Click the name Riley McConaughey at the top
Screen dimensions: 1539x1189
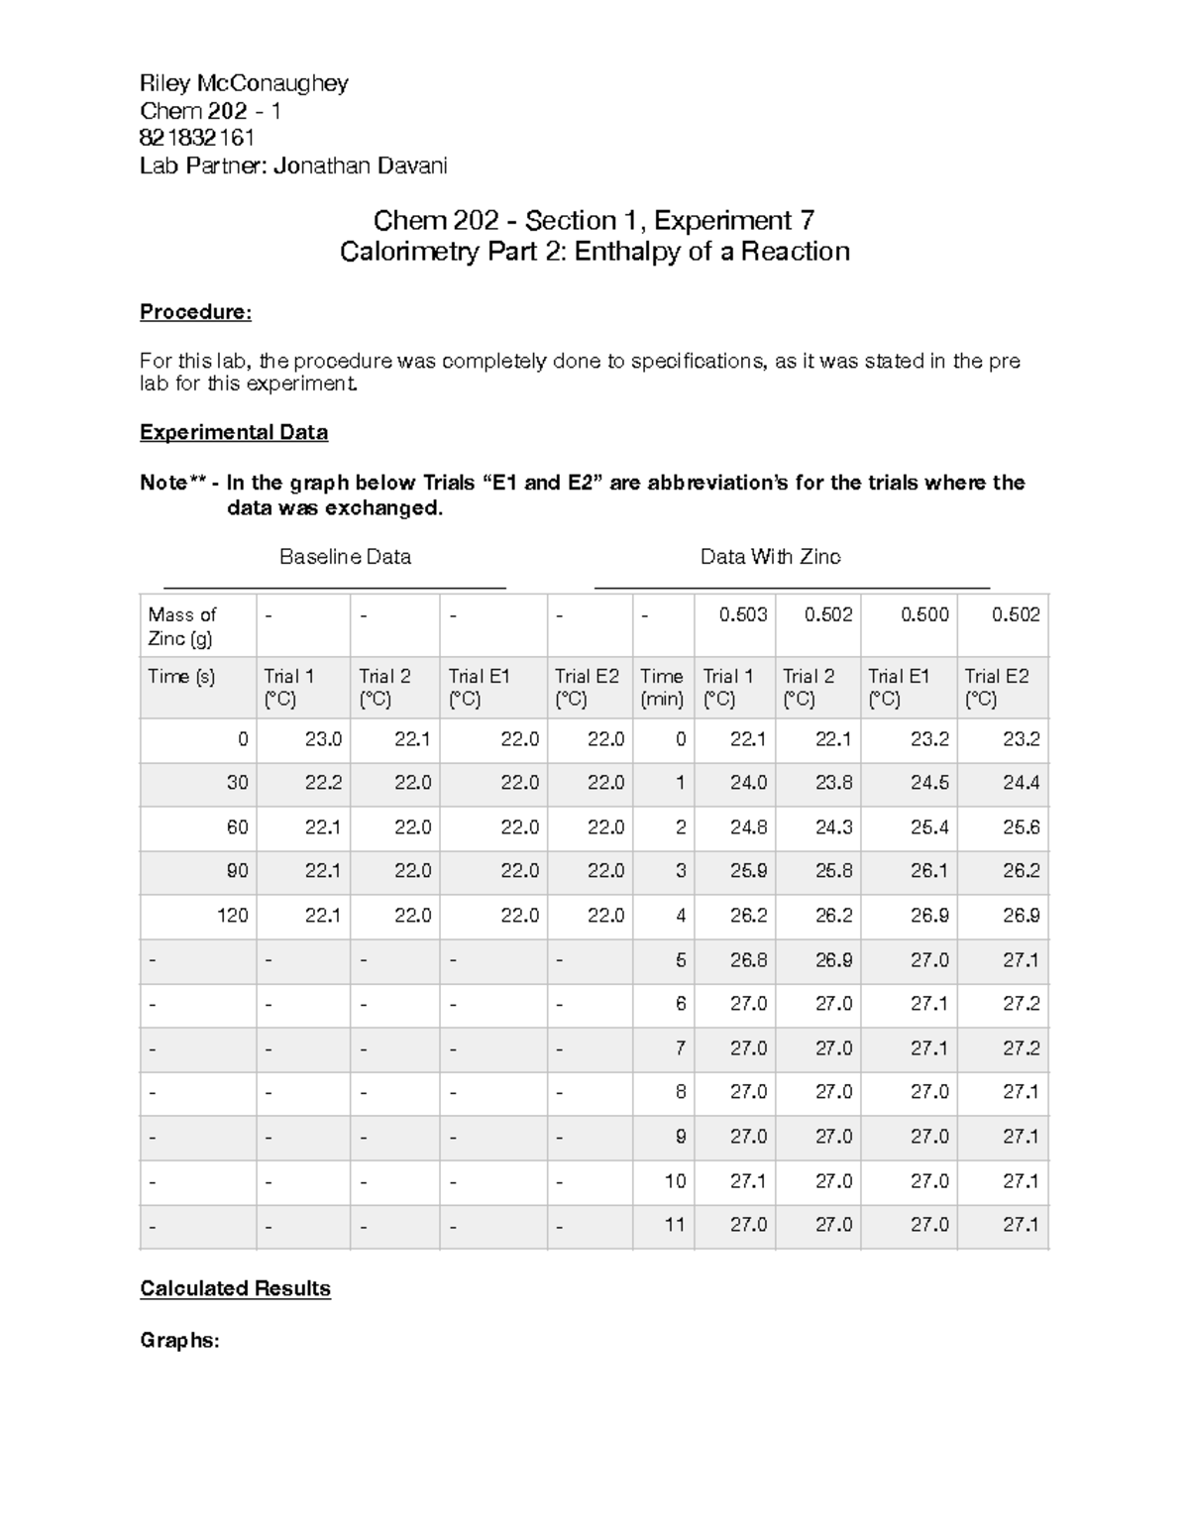tap(244, 82)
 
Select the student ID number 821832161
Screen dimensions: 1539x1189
tap(197, 138)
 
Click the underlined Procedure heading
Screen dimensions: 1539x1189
tap(195, 312)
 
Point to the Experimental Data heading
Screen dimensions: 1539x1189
tap(234, 432)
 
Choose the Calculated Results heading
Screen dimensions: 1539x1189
tap(235, 1288)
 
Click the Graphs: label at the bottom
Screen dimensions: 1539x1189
tap(179, 1340)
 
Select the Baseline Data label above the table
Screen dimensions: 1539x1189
tap(345, 557)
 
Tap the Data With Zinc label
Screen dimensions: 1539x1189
tap(770, 557)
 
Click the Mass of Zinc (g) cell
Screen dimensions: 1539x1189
tap(182, 626)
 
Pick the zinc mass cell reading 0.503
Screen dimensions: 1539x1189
tap(742, 614)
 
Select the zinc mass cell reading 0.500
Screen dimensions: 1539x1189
tap(923, 614)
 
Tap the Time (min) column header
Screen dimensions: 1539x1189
tap(661, 688)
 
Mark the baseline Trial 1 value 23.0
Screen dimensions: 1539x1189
tap(323, 739)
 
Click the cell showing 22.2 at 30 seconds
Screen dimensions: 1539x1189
tap(323, 783)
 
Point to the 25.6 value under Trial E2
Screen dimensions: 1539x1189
tap(1021, 827)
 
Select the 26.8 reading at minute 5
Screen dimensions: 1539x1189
tap(748, 960)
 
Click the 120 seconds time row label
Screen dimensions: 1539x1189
tap(232, 916)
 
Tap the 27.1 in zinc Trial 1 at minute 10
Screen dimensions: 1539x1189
tap(748, 1181)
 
